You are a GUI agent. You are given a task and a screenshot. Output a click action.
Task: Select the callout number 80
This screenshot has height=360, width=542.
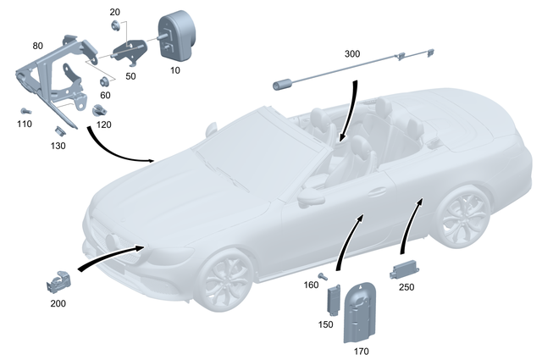[x=38, y=45]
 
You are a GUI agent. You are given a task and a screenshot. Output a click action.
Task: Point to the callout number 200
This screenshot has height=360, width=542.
[x=56, y=302]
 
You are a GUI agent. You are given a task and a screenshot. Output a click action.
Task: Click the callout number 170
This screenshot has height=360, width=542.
[x=360, y=348]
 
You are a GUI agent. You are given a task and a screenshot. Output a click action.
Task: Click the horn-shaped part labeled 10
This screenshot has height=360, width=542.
[x=176, y=33]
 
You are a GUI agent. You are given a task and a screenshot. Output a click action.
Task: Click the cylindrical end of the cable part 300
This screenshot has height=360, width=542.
[x=283, y=84]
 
